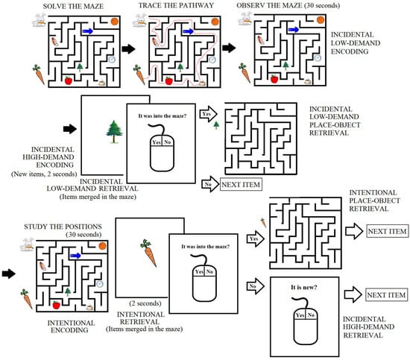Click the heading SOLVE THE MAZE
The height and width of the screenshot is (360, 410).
click(73, 6)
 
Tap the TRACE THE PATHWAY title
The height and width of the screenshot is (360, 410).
click(176, 5)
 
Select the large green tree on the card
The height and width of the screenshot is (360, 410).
click(114, 131)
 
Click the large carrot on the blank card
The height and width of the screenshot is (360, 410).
click(149, 253)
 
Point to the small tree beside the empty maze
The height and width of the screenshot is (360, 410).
click(216, 125)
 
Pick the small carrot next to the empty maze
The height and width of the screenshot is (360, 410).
click(263, 223)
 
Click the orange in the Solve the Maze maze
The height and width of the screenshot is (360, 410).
click(114, 21)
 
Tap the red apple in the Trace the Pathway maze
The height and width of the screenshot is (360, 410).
click(169, 80)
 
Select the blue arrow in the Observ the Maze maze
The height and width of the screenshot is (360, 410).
click(294, 30)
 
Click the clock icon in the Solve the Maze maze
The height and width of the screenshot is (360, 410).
click(112, 60)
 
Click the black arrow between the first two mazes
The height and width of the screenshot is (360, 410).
click(128, 49)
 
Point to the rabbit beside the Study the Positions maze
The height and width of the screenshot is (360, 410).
click(27, 244)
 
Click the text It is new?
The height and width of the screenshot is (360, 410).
click(304, 287)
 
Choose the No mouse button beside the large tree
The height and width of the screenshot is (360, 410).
click(167, 142)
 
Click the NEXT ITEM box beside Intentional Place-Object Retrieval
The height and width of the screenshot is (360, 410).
click(387, 231)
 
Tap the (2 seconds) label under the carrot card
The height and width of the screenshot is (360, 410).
click(145, 303)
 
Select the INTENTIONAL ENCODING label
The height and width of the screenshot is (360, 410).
click(71, 326)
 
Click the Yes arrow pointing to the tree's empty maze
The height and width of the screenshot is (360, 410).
click(209, 114)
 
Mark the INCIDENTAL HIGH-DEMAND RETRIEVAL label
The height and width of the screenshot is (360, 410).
click(368, 327)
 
